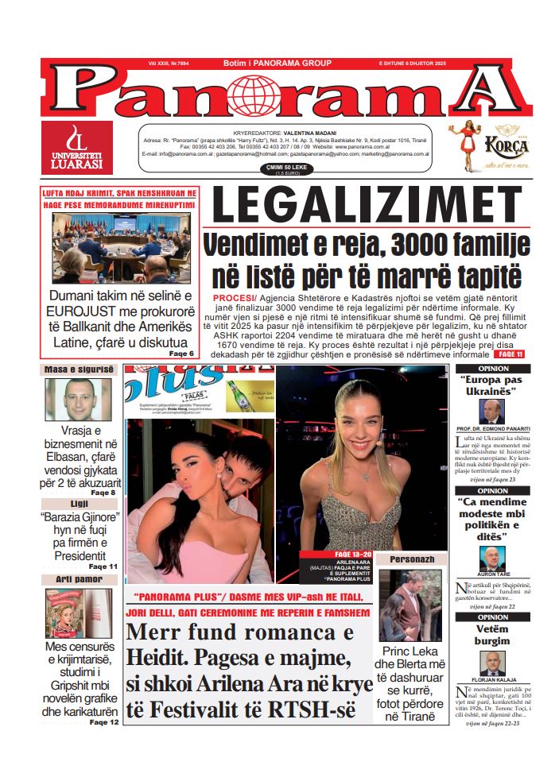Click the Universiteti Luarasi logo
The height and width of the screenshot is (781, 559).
coord(76,149)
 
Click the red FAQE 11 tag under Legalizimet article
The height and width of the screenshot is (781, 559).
coord(510,354)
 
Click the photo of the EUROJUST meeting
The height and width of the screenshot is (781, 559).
coord(118,248)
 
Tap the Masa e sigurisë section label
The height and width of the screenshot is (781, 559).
coord(79,369)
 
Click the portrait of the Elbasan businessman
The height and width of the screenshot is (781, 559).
coord(78,399)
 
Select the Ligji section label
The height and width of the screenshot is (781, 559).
coord(79,505)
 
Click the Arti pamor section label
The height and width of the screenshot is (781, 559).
coord(79,580)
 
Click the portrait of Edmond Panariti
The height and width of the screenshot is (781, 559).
coord(491,412)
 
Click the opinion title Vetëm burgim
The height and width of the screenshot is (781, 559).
coord(491,635)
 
